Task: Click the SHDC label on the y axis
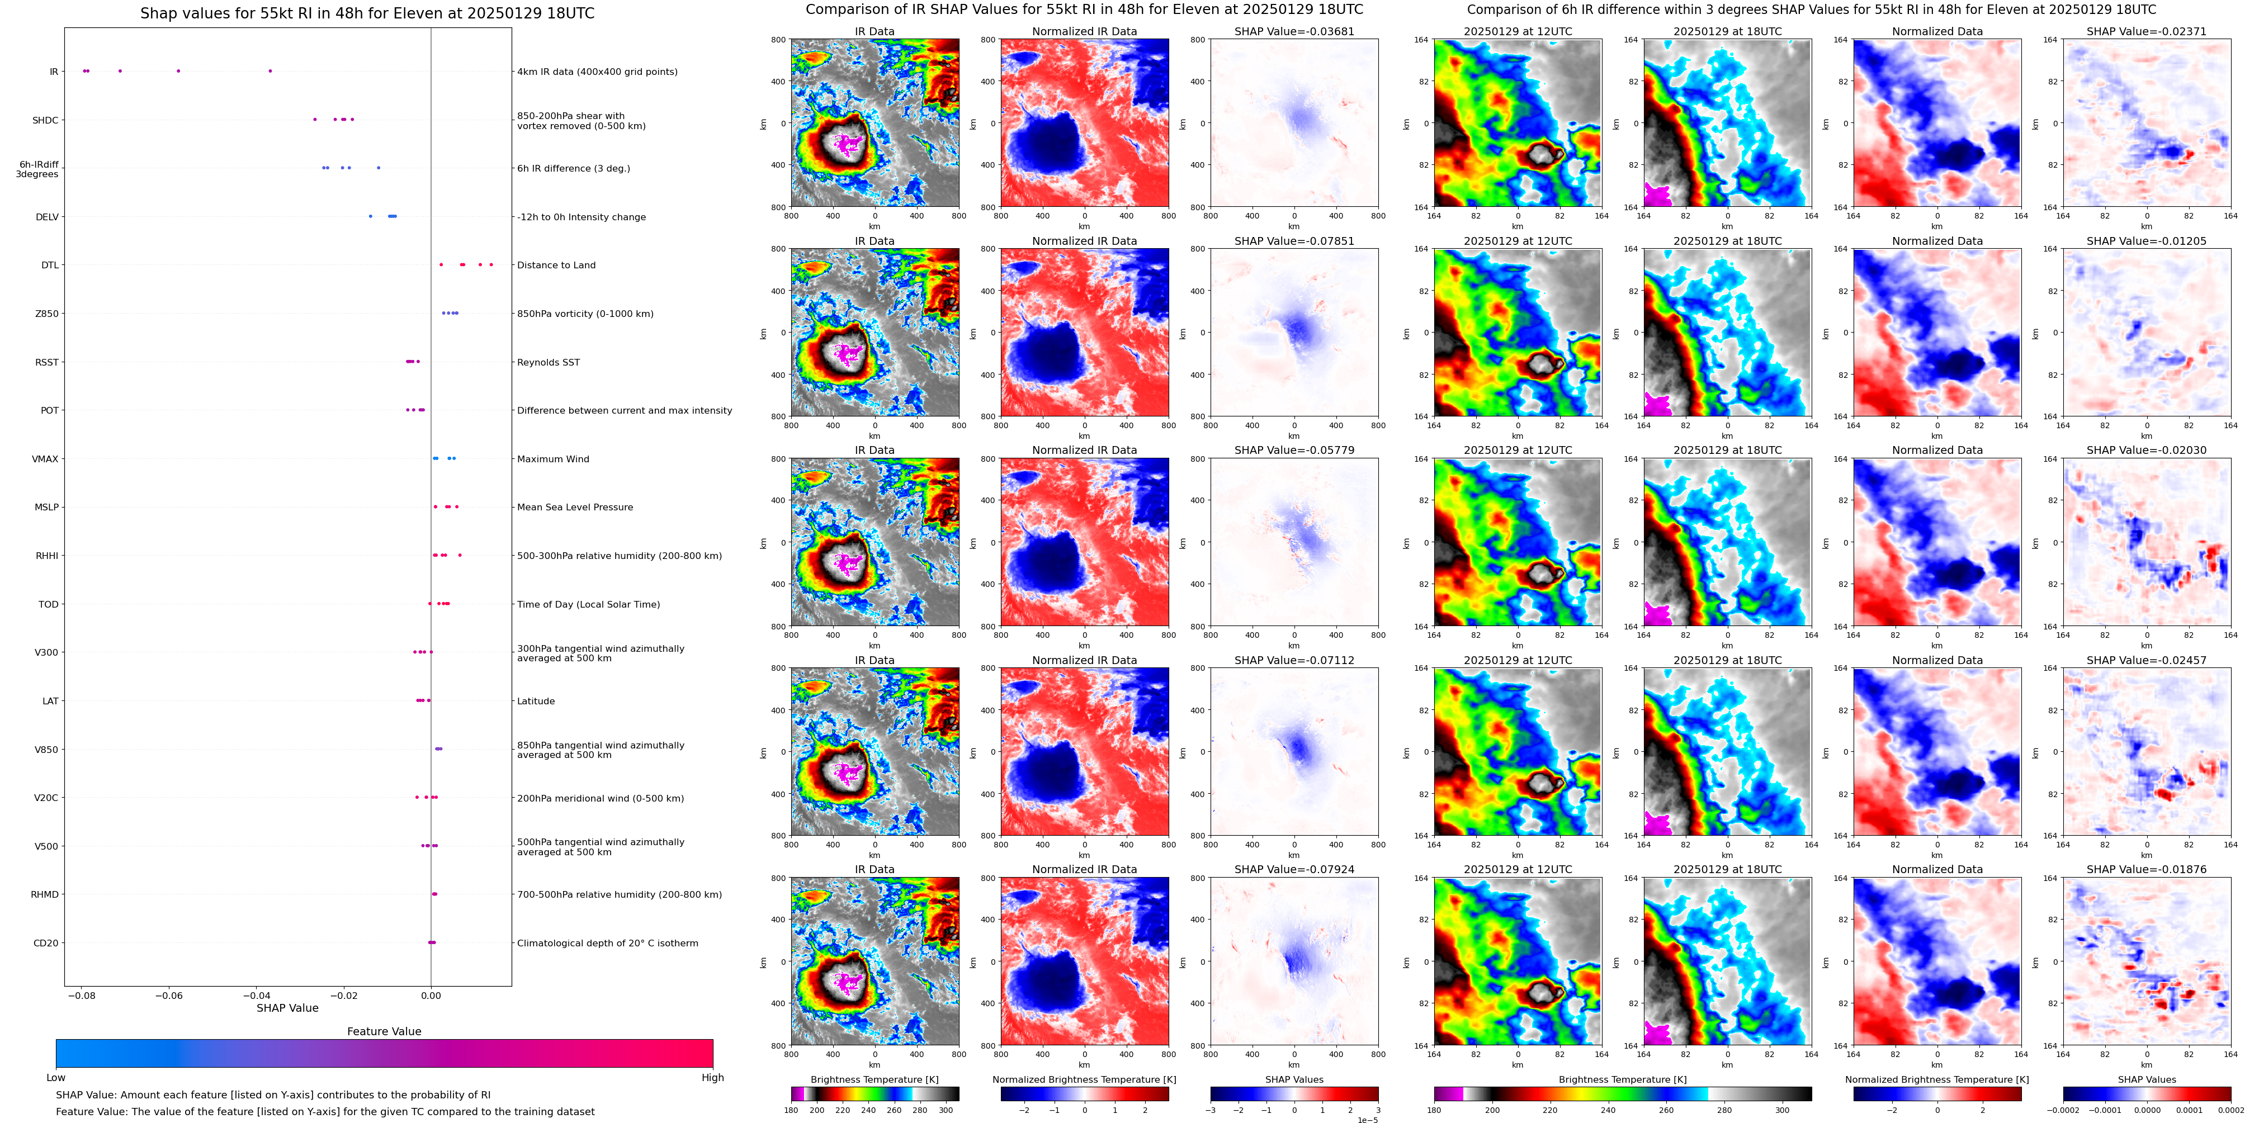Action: [45, 120]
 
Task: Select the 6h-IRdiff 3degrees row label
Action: [37, 169]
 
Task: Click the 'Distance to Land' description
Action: [556, 265]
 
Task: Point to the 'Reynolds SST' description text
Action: [548, 362]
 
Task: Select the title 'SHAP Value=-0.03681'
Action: [1294, 31]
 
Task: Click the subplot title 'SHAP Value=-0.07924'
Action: [1294, 869]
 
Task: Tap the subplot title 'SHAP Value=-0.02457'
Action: [2147, 660]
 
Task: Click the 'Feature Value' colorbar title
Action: [384, 1031]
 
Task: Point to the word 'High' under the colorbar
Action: [713, 1078]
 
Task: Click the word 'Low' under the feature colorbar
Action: [56, 1078]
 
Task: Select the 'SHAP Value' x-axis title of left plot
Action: [287, 1008]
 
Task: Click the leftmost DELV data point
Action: [370, 216]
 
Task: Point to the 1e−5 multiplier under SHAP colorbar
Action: [1367, 1120]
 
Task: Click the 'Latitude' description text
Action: [536, 702]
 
